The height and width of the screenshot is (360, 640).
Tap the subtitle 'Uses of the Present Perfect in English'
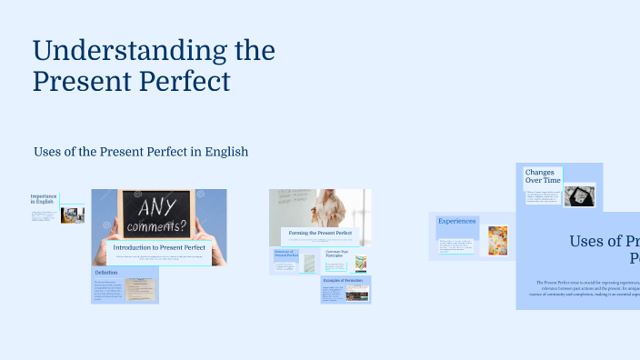click(x=140, y=151)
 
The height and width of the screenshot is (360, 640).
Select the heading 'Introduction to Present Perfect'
click(x=158, y=247)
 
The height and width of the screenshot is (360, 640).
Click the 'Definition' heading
click(x=106, y=273)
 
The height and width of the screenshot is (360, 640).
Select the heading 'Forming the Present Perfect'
click(x=320, y=234)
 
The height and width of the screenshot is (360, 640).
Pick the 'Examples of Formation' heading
click(x=344, y=280)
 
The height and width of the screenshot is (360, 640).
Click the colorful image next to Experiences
click(x=497, y=240)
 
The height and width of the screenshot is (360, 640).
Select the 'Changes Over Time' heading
click(x=542, y=175)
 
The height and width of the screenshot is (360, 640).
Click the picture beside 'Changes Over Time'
click(x=578, y=195)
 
